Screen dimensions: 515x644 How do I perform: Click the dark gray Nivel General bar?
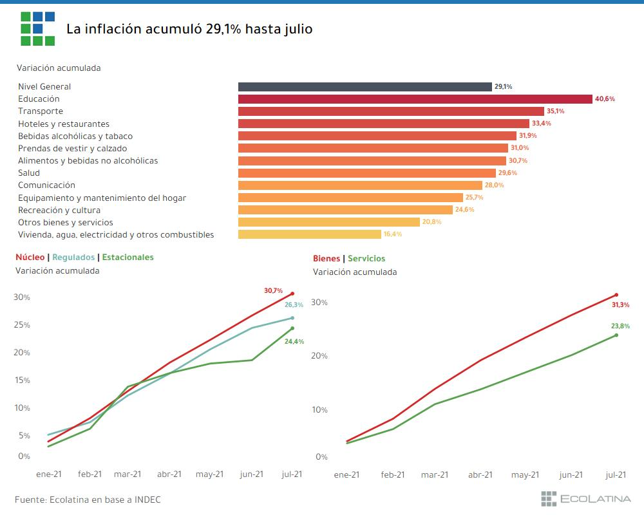coord(365,87)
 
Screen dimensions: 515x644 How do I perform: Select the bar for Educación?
coord(415,99)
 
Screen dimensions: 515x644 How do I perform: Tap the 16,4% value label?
coord(393,234)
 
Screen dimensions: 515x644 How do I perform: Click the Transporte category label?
coord(41,111)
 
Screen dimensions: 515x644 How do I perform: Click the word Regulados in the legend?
coord(73,257)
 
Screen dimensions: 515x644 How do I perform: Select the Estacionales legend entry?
coord(128,257)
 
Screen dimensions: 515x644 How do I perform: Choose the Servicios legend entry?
coord(366,259)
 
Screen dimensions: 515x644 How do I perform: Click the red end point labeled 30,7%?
coord(292,294)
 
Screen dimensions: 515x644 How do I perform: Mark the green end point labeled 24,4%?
coord(292,328)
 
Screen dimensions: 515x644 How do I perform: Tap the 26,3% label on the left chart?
coord(294,305)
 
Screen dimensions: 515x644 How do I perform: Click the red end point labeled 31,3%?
coord(616,295)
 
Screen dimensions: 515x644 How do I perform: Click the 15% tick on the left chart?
coord(23,380)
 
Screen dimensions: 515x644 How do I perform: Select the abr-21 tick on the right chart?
coord(480,475)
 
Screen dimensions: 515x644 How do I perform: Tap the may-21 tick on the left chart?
coord(210,474)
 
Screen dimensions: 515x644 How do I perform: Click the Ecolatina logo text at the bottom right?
coord(596,499)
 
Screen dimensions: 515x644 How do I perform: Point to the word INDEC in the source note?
coord(147,500)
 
